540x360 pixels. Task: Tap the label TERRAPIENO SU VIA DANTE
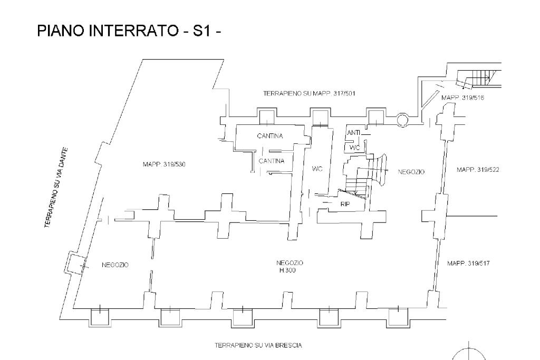coord(56,187)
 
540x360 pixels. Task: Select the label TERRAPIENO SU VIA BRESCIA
coord(258,345)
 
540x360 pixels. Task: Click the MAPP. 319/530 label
coord(164,164)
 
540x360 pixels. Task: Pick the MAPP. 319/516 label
coord(464,98)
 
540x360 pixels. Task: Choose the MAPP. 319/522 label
coord(478,170)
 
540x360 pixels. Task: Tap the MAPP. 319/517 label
coord(468,263)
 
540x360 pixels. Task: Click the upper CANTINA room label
coord(270,136)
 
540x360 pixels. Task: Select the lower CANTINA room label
coord(272,161)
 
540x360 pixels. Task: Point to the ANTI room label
coord(353,133)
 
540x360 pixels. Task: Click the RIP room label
coord(345,203)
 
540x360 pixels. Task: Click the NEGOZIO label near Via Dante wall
coord(115,265)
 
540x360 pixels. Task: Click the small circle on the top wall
coord(402,120)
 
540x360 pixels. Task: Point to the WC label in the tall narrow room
coord(317,169)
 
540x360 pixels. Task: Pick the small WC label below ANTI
coord(354,148)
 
